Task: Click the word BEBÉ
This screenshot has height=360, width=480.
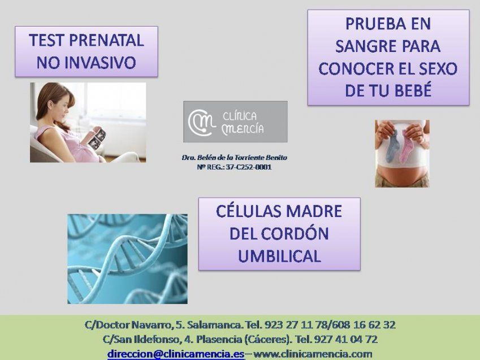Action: (x=410, y=90)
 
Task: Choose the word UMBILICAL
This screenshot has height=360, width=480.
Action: (x=279, y=256)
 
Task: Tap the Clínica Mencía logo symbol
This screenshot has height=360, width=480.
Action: (x=201, y=122)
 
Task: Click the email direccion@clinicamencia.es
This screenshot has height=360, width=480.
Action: (x=176, y=354)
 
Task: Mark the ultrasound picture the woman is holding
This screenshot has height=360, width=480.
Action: (x=97, y=138)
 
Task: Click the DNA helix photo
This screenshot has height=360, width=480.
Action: (x=127, y=258)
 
